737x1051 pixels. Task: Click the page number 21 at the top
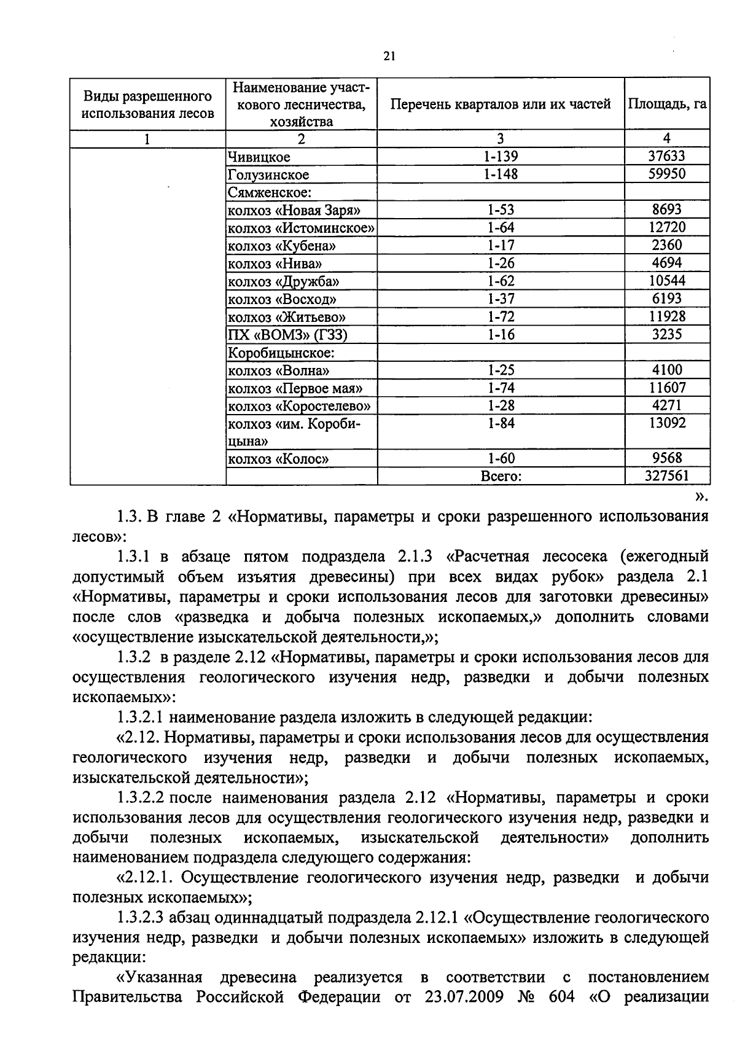(x=389, y=57)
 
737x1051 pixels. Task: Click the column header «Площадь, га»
(x=666, y=104)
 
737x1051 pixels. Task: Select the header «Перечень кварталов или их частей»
(x=501, y=104)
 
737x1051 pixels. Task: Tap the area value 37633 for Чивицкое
(x=666, y=157)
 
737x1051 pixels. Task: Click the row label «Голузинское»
(x=268, y=175)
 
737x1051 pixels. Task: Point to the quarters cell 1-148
(x=501, y=174)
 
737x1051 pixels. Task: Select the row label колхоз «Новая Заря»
(x=294, y=211)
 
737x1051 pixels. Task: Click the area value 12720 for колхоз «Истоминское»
(x=666, y=228)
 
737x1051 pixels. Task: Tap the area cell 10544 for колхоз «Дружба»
(x=666, y=281)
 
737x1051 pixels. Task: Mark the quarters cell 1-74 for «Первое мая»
(x=501, y=388)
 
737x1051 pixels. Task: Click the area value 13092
(x=666, y=423)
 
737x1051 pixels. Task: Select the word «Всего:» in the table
(x=501, y=476)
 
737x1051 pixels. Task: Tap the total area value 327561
(x=666, y=476)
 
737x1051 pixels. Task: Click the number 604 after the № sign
(x=559, y=996)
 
